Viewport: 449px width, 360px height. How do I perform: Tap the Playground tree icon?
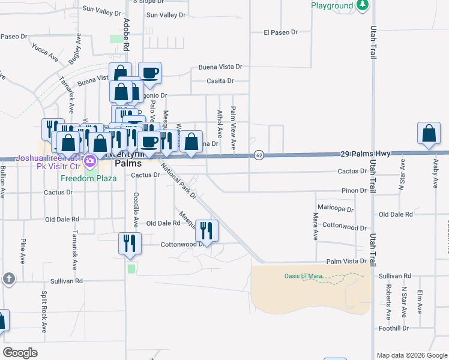click(363, 5)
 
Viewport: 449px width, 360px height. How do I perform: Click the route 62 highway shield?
click(259, 155)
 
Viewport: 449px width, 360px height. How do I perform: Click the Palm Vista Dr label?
click(346, 262)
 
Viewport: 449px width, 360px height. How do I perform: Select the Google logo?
click(20, 353)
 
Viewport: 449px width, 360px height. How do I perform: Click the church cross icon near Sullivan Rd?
click(8, 278)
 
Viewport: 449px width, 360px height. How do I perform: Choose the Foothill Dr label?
click(393, 328)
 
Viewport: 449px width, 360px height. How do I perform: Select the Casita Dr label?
click(219, 81)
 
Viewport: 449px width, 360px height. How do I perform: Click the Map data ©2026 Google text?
click(412, 355)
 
